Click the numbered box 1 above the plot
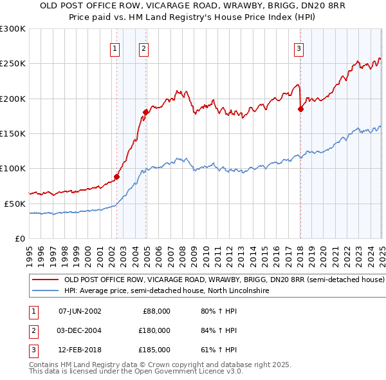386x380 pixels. coord(115,48)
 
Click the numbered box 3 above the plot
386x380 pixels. coord(299,48)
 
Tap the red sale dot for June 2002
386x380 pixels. coord(116,176)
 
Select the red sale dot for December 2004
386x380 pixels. coord(146,112)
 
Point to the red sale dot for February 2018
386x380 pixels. coord(300,109)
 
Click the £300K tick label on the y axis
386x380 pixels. coord(13,29)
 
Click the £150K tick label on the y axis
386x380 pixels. coord(13,134)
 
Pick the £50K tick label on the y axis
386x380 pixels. coord(15,204)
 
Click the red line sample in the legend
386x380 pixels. coord(44,280)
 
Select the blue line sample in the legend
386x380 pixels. coord(44,291)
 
